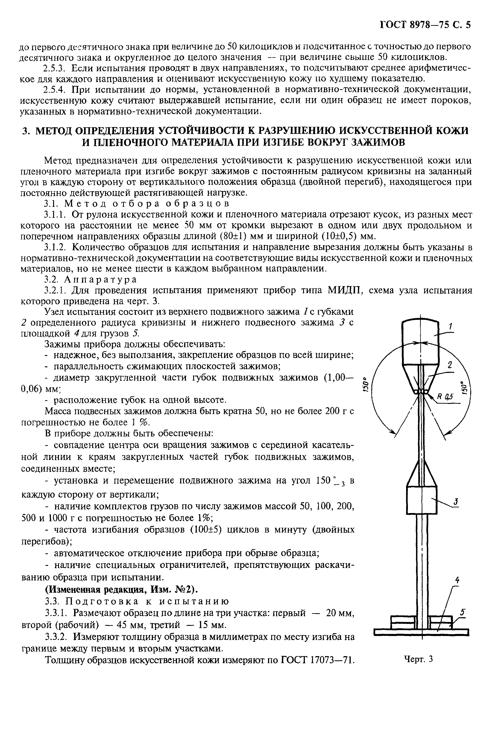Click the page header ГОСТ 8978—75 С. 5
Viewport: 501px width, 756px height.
(425, 25)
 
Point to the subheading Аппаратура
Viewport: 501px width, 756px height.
(100, 279)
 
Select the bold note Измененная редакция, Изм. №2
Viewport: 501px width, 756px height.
(121, 589)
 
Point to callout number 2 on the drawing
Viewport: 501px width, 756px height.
(450, 365)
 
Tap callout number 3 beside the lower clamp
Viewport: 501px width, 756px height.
(456, 502)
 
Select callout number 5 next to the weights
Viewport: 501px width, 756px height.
(463, 612)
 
